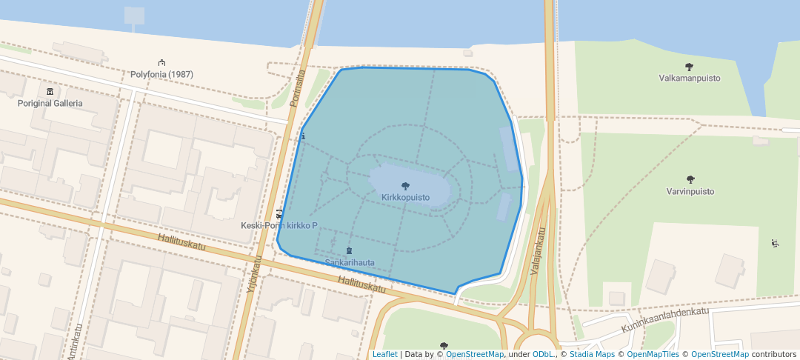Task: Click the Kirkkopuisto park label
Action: [405, 198]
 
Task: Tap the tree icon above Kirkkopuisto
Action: [405, 186]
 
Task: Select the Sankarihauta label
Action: [350, 262]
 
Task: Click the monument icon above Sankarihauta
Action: [350, 251]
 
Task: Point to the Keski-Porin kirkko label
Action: [279, 225]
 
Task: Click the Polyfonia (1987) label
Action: [161, 74]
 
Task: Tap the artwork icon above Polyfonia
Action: [161, 63]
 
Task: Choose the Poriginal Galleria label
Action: [50, 103]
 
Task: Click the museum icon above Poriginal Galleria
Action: [50, 91]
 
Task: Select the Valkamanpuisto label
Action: [690, 78]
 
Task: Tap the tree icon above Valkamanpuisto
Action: [690, 67]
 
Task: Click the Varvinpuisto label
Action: [690, 191]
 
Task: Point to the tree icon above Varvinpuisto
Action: [690, 179]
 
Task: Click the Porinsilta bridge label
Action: [299, 88]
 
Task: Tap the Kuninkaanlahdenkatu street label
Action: [664, 320]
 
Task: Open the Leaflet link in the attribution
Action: [384, 354]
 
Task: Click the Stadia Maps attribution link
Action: [591, 354]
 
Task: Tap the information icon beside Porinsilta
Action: [302, 137]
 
